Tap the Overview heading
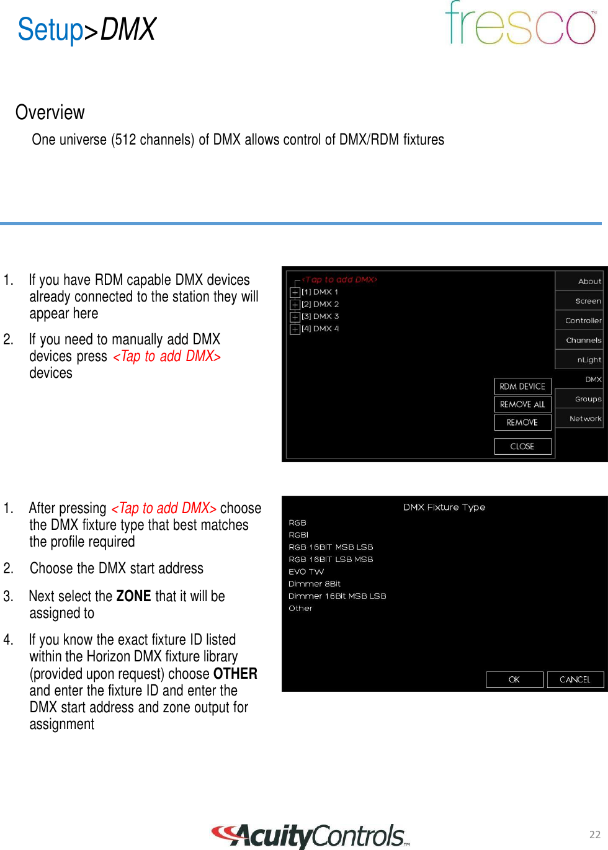(50, 112)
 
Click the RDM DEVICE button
(522, 387)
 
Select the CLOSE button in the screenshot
(522, 446)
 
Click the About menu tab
(589, 281)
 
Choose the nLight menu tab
(589, 360)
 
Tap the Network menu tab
(585, 419)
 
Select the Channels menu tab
(583, 340)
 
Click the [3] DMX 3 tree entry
(320, 316)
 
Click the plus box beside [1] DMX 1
(295, 292)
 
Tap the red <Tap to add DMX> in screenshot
(339, 280)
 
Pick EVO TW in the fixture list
(306, 571)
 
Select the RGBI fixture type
(298, 535)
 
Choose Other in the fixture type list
(300, 608)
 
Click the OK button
(514, 679)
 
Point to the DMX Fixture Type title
(444, 507)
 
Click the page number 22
(594, 834)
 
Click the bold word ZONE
(133, 596)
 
